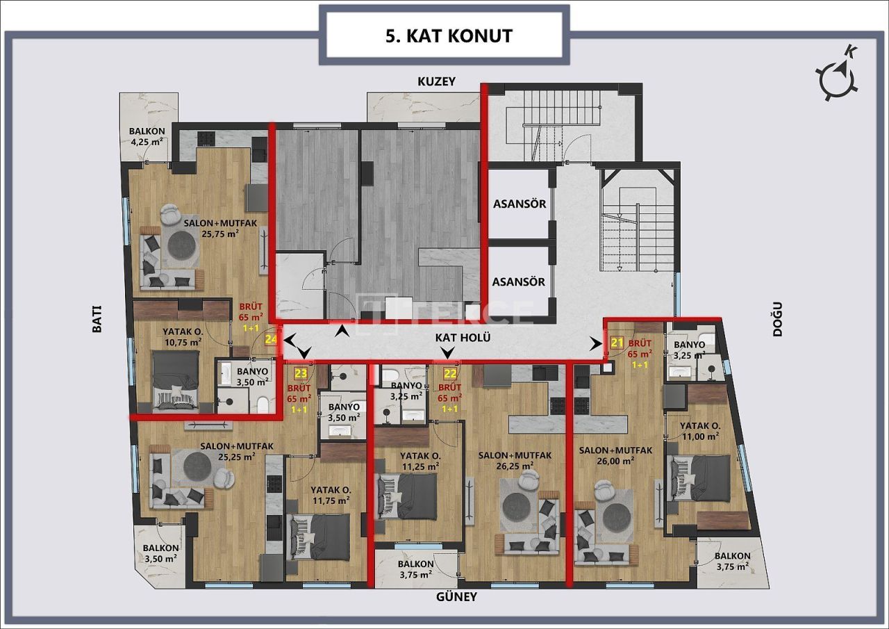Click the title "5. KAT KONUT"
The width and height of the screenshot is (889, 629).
[x=448, y=35]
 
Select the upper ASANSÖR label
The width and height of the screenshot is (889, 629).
[x=519, y=204]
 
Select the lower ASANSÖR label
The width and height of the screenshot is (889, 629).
[x=519, y=282]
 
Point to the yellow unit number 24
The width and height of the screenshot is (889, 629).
[x=271, y=339]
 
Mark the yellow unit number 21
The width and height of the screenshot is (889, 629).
[x=617, y=342]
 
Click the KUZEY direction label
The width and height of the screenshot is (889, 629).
[x=436, y=81]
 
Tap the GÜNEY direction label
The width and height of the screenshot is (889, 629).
[x=456, y=596]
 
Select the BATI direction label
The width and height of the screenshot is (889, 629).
[x=97, y=320]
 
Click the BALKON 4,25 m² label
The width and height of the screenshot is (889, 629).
[x=147, y=136]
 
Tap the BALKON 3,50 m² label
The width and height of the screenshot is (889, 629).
[x=160, y=553]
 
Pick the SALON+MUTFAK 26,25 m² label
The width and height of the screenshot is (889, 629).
[x=515, y=460]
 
